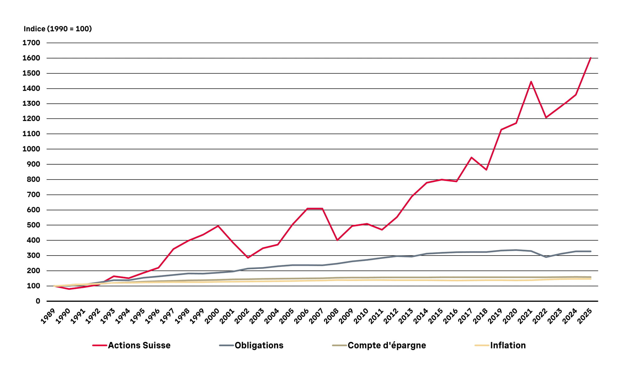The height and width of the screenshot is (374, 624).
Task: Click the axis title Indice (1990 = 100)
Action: [58, 29]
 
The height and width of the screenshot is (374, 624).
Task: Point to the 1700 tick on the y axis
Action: [31, 43]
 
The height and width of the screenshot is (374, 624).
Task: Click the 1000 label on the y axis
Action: [31, 149]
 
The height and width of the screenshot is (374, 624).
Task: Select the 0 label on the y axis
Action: [38, 301]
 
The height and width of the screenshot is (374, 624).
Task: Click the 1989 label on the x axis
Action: [48, 316]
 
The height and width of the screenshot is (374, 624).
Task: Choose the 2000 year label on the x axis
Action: [212, 316]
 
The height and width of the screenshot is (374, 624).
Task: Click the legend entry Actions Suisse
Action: [139, 345]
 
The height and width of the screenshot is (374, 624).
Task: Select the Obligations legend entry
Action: [259, 345]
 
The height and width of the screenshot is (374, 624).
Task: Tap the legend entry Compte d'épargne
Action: [387, 345]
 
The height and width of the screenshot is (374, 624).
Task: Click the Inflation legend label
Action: [508, 345]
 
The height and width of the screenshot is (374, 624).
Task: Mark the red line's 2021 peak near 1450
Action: [531, 82]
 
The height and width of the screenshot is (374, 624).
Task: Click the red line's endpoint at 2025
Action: [591, 58]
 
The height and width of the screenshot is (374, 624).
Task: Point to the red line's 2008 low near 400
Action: [337, 240]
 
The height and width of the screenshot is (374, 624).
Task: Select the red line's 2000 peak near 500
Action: [218, 226]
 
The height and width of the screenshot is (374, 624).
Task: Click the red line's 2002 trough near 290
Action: [248, 257]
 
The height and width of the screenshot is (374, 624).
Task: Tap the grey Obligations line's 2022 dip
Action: [546, 257]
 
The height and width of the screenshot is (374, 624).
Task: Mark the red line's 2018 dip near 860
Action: [486, 170]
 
